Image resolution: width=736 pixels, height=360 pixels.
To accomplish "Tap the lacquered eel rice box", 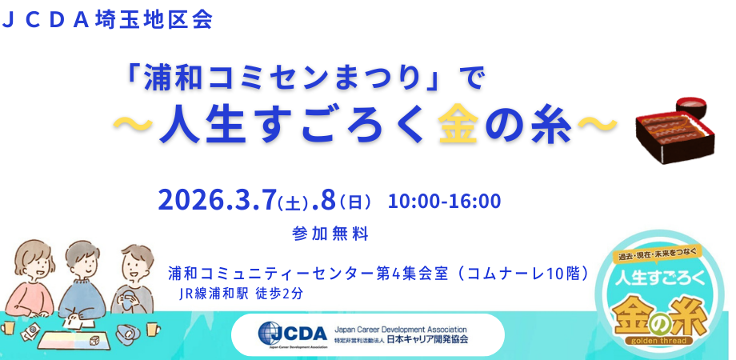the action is [675, 137].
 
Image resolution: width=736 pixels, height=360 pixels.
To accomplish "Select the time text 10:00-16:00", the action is [445, 201].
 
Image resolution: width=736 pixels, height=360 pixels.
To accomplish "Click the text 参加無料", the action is [330, 234].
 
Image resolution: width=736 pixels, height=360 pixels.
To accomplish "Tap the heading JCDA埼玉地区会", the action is [107, 20].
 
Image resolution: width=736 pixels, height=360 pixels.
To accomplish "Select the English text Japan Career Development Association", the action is [400, 329].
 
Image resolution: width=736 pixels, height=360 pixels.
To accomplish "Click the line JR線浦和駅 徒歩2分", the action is [241, 294].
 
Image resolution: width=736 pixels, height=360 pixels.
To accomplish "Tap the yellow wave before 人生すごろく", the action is [134, 123].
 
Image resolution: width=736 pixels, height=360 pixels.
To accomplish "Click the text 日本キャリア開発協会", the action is [427, 339].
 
